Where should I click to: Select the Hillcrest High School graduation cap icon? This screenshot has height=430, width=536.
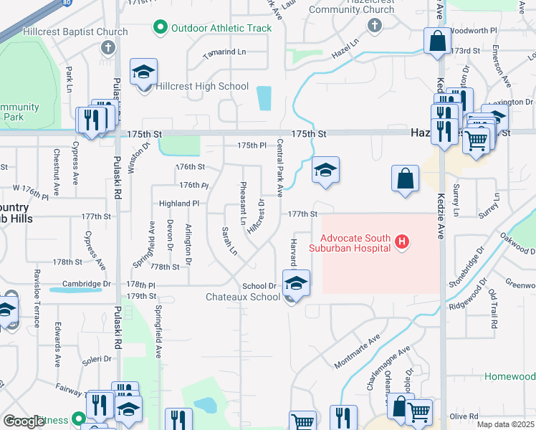(x=143, y=72)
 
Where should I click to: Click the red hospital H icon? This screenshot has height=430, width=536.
(x=402, y=243)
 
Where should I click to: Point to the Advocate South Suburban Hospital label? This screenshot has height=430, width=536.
(x=355, y=243)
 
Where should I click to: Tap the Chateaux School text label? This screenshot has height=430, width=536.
(x=243, y=297)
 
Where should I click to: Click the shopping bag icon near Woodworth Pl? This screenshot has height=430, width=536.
(x=437, y=42)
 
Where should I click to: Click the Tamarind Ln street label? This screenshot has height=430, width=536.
(x=224, y=52)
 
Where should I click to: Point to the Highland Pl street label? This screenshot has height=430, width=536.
(x=178, y=204)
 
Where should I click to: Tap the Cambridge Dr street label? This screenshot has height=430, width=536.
(x=87, y=284)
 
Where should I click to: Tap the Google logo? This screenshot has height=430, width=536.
(x=24, y=421)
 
